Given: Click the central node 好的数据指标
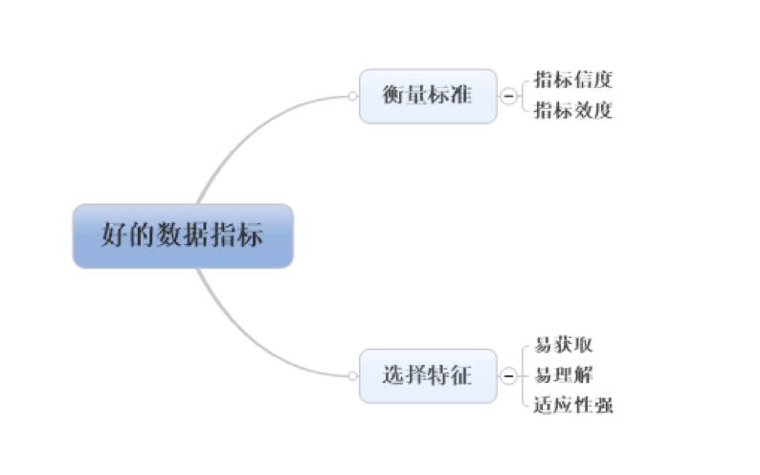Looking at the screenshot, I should click(182, 236).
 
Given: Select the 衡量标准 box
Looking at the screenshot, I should click(428, 96).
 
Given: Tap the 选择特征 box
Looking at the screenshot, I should click(428, 375).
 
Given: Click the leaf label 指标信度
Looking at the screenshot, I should click(572, 79).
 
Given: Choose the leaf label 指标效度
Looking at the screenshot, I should click(572, 110).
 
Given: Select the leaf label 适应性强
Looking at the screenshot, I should click(573, 405).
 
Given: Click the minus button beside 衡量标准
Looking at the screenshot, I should click(508, 96).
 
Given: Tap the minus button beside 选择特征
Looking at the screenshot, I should click(508, 375).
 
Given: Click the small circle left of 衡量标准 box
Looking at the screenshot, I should click(352, 96).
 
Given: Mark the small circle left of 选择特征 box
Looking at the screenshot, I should click(352, 375).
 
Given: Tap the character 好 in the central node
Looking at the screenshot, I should click(115, 236).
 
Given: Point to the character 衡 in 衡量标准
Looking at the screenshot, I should click(392, 96).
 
